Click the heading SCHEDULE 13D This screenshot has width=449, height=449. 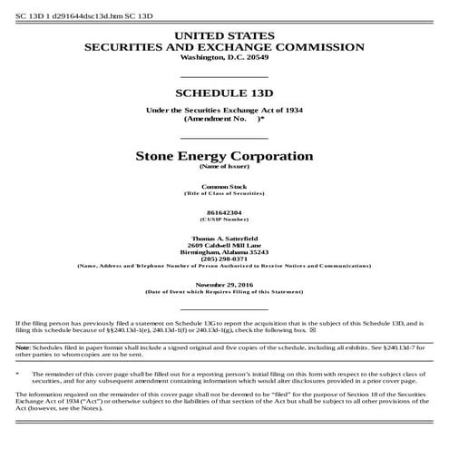224,93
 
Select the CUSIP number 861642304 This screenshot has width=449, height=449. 224,210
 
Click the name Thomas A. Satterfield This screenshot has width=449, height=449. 224,236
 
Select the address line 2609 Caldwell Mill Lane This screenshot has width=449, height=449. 224,243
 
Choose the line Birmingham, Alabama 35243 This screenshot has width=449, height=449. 224,250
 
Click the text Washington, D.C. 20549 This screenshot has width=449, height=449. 224,56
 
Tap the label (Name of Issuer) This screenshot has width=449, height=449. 224,167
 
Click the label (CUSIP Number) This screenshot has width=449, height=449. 224,218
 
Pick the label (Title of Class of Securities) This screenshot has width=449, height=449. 224,192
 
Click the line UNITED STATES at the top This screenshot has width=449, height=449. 224,34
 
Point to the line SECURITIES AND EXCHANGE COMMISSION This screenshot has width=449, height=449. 224,45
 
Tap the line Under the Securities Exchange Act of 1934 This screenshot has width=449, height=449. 224,110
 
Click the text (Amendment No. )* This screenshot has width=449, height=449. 224,119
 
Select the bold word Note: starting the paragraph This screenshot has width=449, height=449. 24,347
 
